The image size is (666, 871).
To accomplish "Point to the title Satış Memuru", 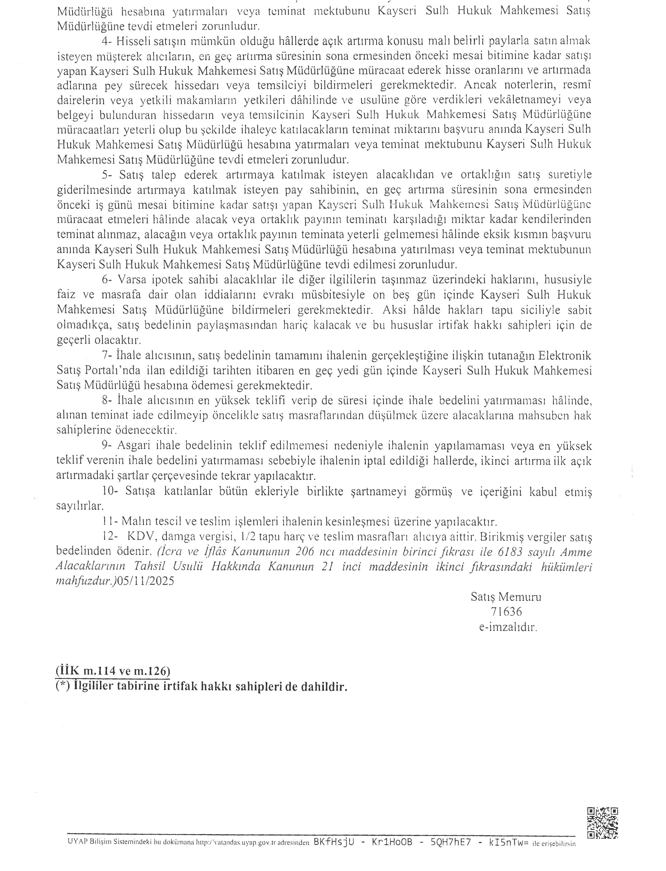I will point(506,597).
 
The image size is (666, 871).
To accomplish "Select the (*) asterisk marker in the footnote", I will point(62,686).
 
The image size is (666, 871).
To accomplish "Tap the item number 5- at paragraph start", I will point(107,175).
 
